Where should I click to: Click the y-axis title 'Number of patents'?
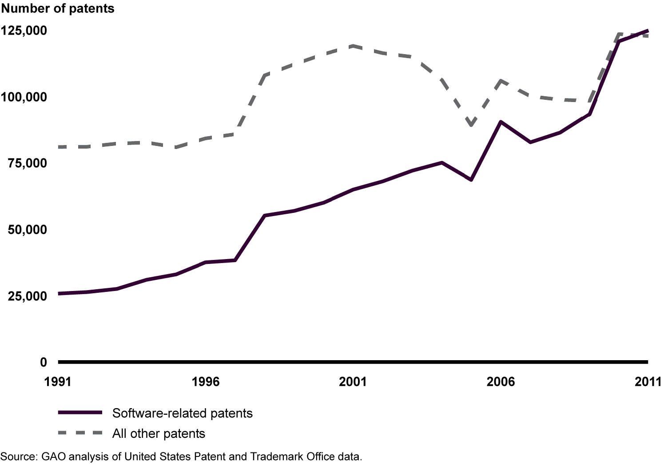pos(58,8)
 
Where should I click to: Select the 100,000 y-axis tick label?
pos(24,97)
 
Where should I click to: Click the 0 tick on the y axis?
pos(43,362)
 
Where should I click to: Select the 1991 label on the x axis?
pos(58,381)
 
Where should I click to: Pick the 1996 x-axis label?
pos(206,381)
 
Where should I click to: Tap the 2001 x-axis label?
pos(353,381)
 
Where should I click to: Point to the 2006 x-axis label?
pos(501,381)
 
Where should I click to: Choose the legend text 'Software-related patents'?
pos(182,413)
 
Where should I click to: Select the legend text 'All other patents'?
pos(159,434)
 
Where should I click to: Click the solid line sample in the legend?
pos(80,413)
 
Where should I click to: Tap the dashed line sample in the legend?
pos(80,433)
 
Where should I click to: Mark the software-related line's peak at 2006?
pos(501,122)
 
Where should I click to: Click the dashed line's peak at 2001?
pos(353,46)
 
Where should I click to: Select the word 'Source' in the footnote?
pos(17,456)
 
